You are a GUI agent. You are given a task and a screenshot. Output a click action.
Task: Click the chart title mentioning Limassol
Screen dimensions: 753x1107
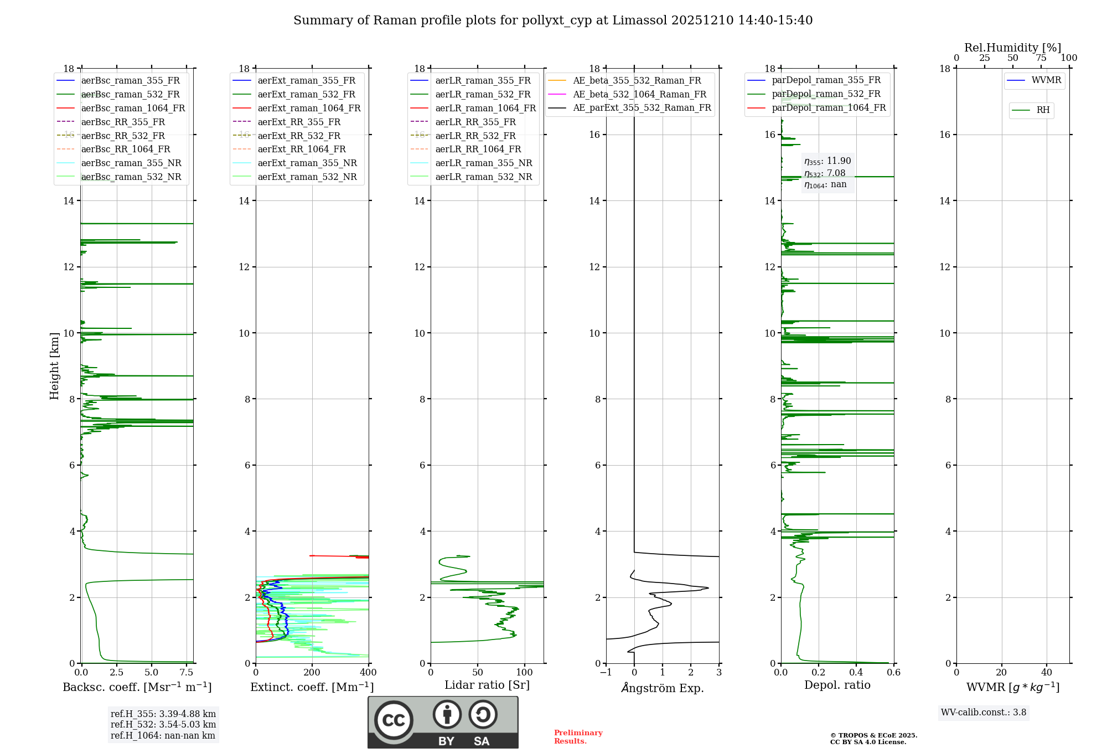(x=552, y=20)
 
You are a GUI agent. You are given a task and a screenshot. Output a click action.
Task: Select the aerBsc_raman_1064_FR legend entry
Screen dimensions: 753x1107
(x=133, y=108)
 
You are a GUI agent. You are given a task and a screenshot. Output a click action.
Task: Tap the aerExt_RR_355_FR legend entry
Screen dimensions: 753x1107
(x=299, y=122)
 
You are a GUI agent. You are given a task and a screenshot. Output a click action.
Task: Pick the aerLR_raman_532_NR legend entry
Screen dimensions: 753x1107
(x=483, y=177)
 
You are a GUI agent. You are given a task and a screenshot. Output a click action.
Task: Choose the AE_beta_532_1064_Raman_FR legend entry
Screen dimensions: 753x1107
(x=639, y=94)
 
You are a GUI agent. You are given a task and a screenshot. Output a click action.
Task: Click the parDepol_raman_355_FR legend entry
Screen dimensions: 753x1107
(x=826, y=80)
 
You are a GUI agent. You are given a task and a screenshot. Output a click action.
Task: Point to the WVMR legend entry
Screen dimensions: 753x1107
(x=1046, y=80)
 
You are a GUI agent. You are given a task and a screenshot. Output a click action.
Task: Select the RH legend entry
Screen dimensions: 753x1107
(x=1043, y=110)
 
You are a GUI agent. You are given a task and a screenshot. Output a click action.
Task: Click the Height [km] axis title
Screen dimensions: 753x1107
(x=54, y=365)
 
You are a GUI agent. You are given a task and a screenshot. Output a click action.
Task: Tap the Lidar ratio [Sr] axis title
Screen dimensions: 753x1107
(x=487, y=685)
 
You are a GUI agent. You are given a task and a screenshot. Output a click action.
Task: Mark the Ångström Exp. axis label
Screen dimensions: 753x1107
(x=663, y=688)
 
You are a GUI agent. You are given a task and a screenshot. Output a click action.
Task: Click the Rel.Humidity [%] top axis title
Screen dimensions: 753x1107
(x=1012, y=48)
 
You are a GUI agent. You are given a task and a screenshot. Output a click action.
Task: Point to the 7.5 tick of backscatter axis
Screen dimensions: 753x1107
(x=187, y=673)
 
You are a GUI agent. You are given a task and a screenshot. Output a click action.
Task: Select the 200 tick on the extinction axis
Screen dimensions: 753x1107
(x=312, y=673)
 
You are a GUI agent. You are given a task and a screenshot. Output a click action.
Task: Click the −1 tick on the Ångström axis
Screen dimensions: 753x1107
(x=606, y=673)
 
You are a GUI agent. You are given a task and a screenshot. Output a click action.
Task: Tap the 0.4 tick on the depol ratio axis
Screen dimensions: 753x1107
(x=856, y=673)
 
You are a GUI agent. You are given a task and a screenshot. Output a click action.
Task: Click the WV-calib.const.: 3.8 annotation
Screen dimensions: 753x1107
(x=984, y=713)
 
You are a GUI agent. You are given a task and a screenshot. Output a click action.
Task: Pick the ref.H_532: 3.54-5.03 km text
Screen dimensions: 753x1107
(x=163, y=724)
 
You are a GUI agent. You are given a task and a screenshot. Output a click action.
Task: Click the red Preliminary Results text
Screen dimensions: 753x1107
(x=578, y=737)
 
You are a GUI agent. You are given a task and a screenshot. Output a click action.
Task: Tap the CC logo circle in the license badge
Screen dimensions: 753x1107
(x=394, y=720)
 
